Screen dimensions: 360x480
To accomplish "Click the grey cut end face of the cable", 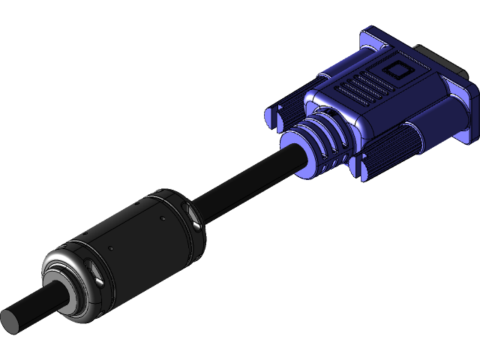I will point(13,321).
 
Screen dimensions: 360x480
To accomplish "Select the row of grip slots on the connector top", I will point(360,88).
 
